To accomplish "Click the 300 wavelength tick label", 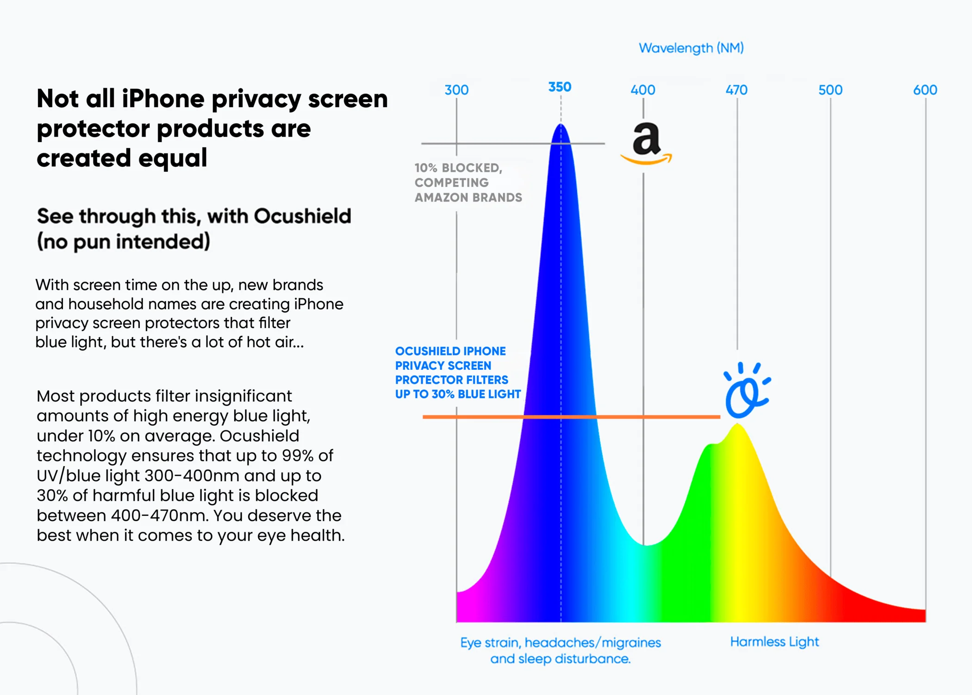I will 456,90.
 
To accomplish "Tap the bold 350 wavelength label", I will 560,87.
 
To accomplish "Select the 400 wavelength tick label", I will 643,90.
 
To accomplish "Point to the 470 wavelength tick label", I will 736,90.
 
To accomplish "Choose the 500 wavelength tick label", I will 830,90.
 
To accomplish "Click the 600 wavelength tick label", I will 925,90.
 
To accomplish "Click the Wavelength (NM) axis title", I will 691,48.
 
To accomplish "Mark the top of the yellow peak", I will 738,425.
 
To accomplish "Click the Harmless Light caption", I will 774,642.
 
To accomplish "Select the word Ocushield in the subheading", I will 303,216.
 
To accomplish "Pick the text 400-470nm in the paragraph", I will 159,515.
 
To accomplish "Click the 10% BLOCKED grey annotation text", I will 458,168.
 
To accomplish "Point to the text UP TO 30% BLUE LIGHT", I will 458,394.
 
